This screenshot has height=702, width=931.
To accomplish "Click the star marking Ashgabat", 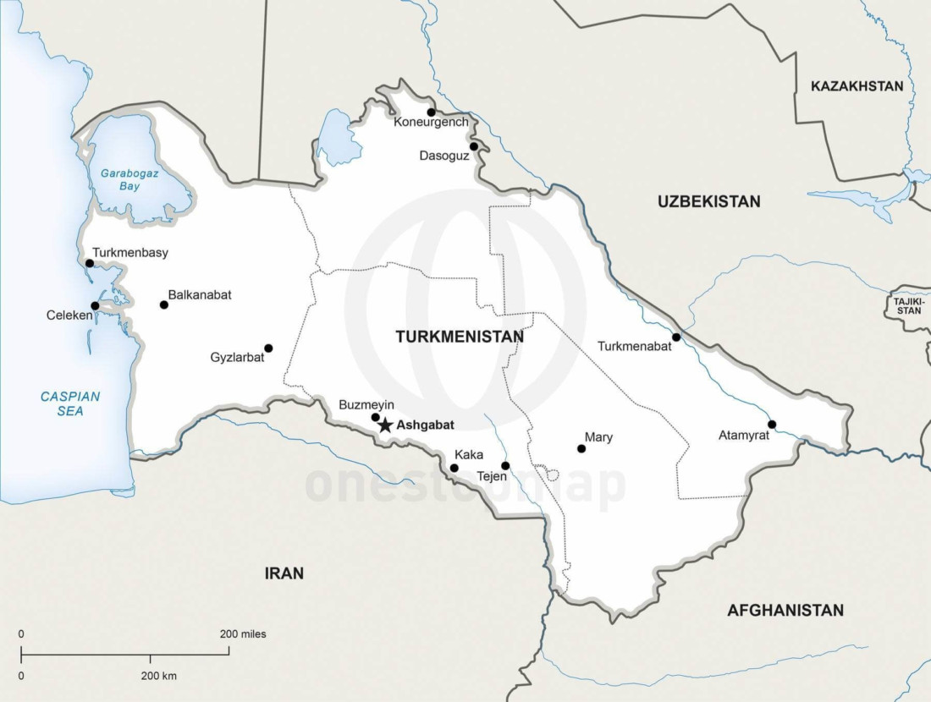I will pyautogui.click(x=385, y=425).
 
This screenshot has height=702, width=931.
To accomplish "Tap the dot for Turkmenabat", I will pyautogui.click(x=676, y=337).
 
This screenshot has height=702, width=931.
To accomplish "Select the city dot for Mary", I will pyautogui.click(x=581, y=448).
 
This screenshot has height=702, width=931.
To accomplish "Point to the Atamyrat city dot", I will pyautogui.click(x=772, y=425).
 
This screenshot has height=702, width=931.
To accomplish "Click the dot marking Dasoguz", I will pyautogui.click(x=474, y=146).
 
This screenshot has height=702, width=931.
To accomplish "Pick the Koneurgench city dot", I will pyautogui.click(x=431, y=112).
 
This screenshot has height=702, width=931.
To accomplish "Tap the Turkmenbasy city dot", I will pyautogui.click(x=90, y=263).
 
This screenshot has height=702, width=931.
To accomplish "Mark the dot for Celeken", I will pyautogui.click(x=95, y=305).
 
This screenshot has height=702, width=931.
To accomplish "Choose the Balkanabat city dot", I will pyautogui.click(x=164, y=304).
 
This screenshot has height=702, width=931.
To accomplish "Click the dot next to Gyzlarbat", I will pyautogui.click(x=268, y=348).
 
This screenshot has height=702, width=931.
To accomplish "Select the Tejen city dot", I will pyautogui.click(x=505, y=465).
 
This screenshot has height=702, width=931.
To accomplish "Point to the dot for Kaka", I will pyautogui.click(x=454, y=468).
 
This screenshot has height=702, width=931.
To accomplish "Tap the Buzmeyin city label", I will pyautogui.click(x=366, y=405).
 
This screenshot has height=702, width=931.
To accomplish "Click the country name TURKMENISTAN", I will pyautogui.click(x=460, y=337).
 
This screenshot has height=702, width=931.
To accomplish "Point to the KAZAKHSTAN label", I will pyautogui.click(x=857, y=86).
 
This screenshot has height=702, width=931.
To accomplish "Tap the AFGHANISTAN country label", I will pyautogui.click(x=785, y=610).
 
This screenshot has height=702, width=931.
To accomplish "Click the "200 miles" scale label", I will pyautogui.click(x=243, y=633).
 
